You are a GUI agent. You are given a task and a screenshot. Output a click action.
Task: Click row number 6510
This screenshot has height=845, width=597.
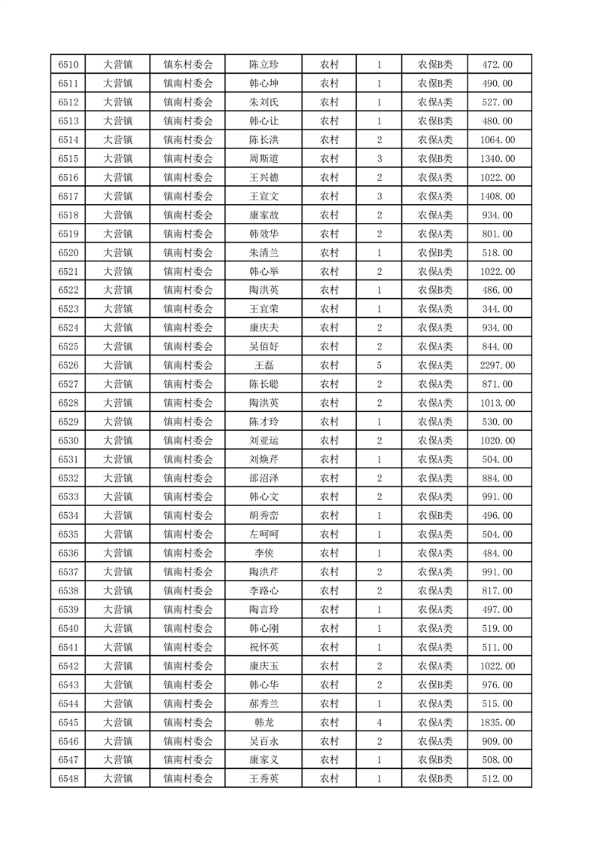[69, 65]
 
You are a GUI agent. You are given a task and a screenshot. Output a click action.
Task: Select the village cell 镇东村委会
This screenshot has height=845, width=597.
[188, 65]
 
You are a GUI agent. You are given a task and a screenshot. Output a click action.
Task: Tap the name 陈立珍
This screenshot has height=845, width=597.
[264, 65]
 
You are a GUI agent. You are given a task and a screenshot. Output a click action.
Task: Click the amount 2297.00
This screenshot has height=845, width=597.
[498, 365]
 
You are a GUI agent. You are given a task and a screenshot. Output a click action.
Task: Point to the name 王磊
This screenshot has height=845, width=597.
[264, 365]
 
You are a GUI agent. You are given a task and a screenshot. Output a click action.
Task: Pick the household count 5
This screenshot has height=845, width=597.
[379, 365]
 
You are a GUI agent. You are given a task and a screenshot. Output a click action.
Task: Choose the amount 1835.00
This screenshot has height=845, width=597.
[498, 722]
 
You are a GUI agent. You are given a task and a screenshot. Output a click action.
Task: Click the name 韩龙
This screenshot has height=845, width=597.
[264, 722]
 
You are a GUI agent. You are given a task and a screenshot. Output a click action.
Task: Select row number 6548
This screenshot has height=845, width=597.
[69, 779]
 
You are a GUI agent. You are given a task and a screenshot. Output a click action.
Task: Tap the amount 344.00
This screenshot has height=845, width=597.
[498, 309]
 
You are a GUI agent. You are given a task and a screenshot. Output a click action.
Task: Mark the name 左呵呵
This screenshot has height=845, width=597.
[264, 535]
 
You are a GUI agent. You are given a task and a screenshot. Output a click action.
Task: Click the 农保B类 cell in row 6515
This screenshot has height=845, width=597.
[435, 159]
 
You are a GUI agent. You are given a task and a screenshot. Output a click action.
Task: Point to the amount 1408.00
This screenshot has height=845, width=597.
[498, 197]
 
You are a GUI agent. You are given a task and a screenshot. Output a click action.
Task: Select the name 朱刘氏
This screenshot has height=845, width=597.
[264, 102]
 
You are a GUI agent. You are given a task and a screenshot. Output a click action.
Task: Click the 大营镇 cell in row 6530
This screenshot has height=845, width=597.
[117, 441]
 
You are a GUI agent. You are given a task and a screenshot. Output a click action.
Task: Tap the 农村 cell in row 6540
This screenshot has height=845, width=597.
[329, 628]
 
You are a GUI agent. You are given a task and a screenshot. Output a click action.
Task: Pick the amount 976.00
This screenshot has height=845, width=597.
[498, 685]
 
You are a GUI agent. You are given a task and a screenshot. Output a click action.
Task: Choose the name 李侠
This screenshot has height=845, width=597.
[264, 554]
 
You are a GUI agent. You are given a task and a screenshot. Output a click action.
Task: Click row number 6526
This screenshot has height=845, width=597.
[69, 365]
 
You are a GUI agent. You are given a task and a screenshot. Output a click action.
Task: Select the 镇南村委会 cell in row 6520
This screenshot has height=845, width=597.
[188, 253]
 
